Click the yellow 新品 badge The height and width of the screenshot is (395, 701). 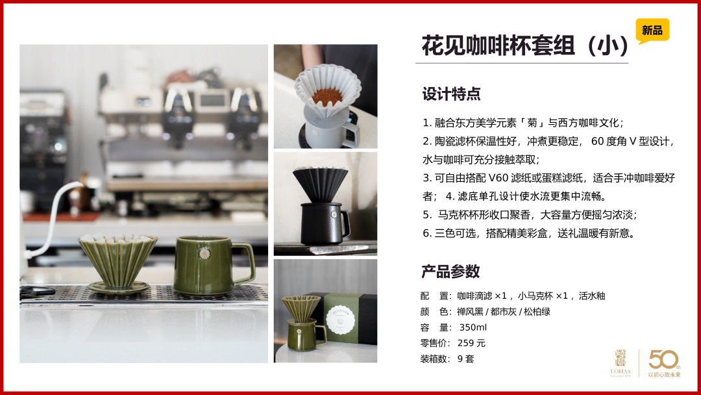point(652,31)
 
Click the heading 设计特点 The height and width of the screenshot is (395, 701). point(451,94)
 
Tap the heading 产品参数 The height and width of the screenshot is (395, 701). point(450,271)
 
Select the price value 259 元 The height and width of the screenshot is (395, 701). point(471,343)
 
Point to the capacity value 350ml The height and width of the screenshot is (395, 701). point(473,327)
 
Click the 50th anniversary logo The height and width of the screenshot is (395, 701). point(665,363)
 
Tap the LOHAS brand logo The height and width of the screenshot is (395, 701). point(621,363)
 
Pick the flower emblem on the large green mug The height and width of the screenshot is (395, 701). point(204,253)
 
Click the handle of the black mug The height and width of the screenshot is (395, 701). point(345,223)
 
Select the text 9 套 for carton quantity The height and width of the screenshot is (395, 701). point(465,359)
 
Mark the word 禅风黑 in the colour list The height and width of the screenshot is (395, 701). point(470,311)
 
